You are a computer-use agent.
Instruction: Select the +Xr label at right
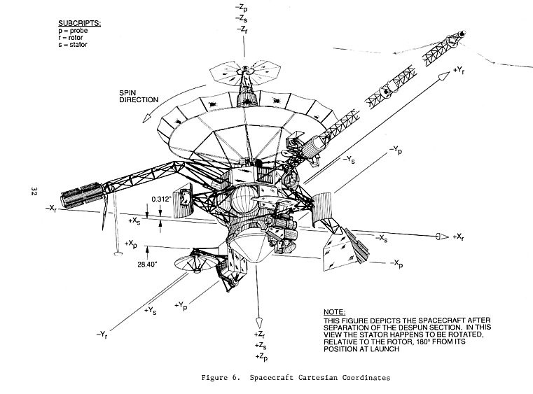coord(459,237)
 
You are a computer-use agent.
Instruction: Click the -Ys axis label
coord(353,159)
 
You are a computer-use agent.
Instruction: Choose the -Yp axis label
coord(396,150)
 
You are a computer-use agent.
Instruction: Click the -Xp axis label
coord(396,264)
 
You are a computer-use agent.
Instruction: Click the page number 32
coord(34,192)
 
